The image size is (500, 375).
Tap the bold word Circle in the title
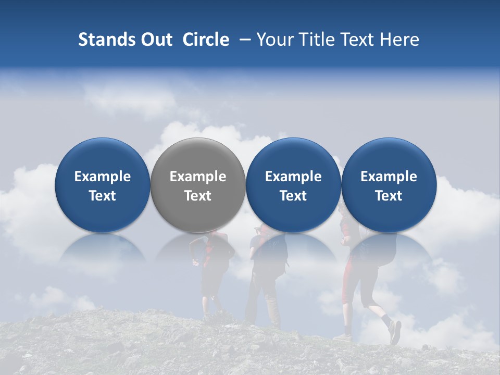(206, 40)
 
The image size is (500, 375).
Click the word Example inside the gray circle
(197, 177)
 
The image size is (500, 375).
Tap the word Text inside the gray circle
(197, 196)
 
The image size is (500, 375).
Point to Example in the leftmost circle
(102, 177)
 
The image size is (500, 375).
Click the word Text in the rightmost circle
(389, 196)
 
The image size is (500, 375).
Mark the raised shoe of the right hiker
(395, 332)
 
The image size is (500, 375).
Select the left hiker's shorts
(211, 281)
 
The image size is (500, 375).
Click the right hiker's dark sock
(386, 319)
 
